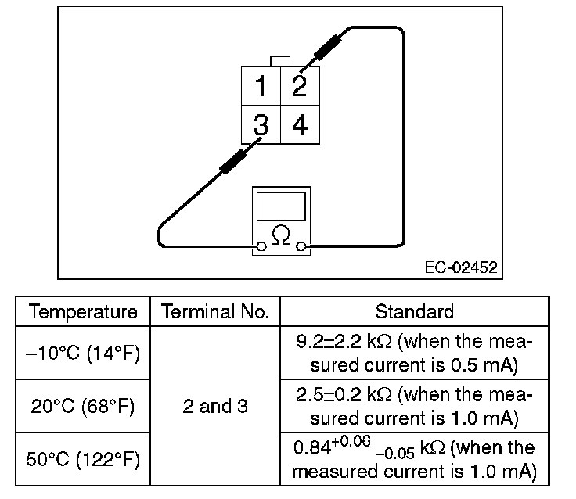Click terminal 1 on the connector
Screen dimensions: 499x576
tap(261, 85)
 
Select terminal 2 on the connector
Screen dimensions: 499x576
tap(299, 85)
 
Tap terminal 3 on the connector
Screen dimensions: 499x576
tap(261, 124)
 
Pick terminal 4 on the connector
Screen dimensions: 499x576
tap(299, 124)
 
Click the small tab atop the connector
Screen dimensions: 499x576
tap(279, 61)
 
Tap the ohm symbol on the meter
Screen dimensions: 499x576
tap(280, 233)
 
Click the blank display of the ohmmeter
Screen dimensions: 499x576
tap(280, 206)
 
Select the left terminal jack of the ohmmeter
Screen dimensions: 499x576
tap(261, 248)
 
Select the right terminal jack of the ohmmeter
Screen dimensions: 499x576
tap(301, 248)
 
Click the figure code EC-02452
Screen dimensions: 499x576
tap(459, 268)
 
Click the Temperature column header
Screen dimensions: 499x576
tap(83, 312)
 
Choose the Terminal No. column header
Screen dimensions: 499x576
tap(215, 312)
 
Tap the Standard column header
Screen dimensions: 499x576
tap(414, 312)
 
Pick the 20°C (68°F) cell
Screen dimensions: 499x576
tap(83, 406)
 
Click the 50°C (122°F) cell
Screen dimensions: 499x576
tap(83, 459)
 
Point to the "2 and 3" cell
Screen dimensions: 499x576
tap(215, 406)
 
